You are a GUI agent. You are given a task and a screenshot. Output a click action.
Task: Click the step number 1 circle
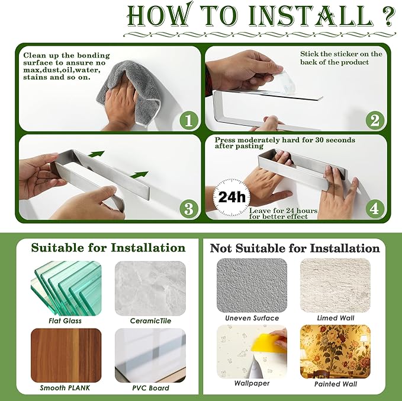coord(189,120)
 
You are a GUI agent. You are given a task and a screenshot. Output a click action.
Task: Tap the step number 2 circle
coord(375,120)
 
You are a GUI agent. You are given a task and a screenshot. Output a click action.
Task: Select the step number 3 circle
coord(189,208)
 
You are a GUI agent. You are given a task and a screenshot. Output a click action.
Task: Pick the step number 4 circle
coord(375,208)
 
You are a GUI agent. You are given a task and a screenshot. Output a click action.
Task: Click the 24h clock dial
coord(231,198)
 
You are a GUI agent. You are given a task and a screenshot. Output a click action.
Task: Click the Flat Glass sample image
coord(66,288)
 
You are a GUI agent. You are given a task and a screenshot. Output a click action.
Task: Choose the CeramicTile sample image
coord(150,288)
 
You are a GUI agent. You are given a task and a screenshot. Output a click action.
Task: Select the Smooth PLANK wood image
coord(66,355)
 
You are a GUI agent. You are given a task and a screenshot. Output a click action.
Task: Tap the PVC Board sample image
coord(150,355)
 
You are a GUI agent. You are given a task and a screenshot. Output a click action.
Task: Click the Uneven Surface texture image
coord(252,285)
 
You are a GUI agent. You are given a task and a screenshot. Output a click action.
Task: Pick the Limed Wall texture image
coord(335,285)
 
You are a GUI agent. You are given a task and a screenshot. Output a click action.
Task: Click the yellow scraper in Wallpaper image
coord(266,343)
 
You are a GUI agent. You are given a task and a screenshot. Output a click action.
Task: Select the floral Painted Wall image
coord(335,352)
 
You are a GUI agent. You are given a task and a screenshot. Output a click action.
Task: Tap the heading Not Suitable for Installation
coord(295,249)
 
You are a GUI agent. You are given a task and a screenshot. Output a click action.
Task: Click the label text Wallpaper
coord(252,383)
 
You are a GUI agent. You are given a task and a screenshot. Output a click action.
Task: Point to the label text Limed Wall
coord(336,318)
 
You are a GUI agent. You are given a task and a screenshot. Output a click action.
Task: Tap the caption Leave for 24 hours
coord(284,211)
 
